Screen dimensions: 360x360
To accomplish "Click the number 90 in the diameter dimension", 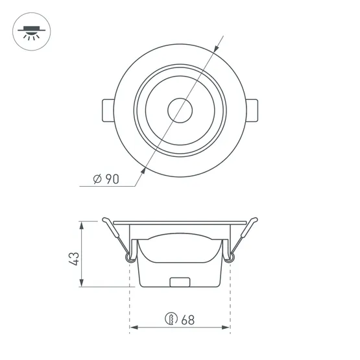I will coord(112,180).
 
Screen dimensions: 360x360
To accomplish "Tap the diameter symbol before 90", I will coord(97,180).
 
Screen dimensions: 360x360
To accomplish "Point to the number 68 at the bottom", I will coord(188,319).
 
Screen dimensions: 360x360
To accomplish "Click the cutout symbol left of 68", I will coord(171,319).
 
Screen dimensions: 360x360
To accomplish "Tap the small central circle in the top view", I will coord(180,110).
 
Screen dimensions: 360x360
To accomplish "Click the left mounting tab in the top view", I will coord(108,110).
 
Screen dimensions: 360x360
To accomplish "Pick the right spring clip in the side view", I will coord(238,241).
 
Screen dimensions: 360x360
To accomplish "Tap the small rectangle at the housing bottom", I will coord(180,282).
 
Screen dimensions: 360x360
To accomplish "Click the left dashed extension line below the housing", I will coord(130,305).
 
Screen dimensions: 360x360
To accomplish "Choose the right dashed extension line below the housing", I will coord(230,305).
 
